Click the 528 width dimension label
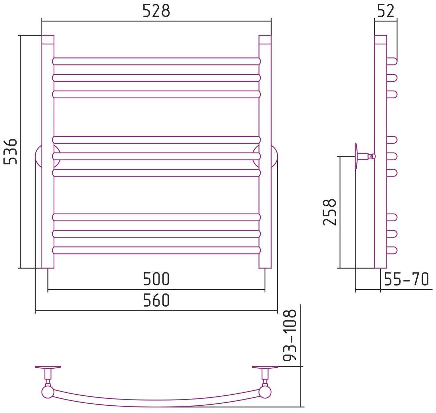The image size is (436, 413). [156, 11]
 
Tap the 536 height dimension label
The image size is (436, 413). [10, 152]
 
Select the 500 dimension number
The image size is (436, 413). [156, 279]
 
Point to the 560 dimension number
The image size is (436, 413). [156, 300]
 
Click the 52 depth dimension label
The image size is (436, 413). [386, 11]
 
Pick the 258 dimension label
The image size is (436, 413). [329, 212]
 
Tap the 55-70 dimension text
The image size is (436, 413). [406, 279]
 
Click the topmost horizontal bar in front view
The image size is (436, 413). [156, 61]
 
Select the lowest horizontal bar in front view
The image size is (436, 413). [156, 250]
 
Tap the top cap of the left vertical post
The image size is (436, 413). [48, 39]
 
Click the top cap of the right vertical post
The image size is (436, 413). [265, 39]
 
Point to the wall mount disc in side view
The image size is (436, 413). [356, 156]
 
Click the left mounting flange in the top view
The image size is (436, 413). [48, 367]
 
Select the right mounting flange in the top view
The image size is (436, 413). [265, 367]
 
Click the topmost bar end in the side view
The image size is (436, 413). [392, 61]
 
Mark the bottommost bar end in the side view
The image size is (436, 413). [392, 250]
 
